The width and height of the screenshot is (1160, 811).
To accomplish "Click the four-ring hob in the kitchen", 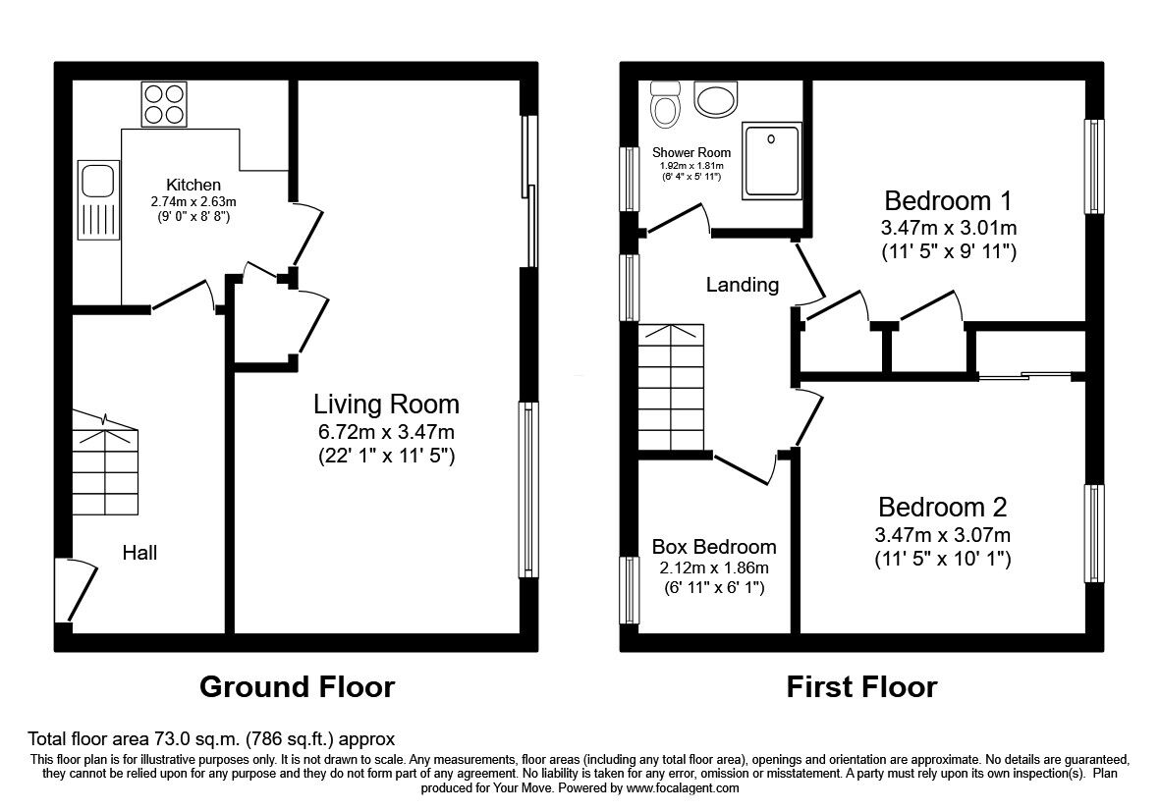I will [165, 103].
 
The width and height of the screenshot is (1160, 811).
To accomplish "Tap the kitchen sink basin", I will [98, 181].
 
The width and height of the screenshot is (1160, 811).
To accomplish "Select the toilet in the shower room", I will [667, 105].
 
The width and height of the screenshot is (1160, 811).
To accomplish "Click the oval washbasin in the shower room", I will [714, 98].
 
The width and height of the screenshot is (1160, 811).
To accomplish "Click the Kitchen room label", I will [193, 185].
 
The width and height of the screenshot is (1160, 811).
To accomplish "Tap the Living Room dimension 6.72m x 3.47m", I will [386, 431].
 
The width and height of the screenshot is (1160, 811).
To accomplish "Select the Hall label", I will [139, 553].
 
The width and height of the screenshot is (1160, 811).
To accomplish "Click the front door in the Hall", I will [79, 590].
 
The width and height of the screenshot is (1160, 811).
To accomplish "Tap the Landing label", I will [743, 285].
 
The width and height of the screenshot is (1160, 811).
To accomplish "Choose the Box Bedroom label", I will [714, 547].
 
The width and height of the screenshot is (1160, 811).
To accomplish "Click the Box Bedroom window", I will [629, 589].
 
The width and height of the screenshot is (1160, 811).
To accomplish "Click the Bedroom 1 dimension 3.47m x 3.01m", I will [949, 228].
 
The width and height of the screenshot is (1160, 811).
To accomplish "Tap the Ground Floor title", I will [297, 686].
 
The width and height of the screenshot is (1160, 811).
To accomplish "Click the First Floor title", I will [861, 686].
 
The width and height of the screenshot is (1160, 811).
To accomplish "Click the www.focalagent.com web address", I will [682, 787].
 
